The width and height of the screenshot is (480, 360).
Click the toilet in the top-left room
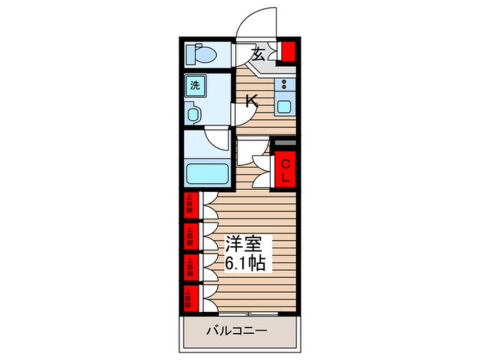[202, 55]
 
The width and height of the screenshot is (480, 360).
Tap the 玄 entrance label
[258, 55]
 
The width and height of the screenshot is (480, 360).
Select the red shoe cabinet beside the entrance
[289, 52]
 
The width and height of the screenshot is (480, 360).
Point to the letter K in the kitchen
[251, 102]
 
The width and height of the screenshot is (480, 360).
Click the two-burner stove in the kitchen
[283, 86]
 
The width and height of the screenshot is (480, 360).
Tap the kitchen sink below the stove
[283, 105]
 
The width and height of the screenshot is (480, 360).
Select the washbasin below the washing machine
[193, 113]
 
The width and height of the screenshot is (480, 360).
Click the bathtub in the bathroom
[207, 171]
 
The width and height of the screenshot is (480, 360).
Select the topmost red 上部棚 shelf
[190, 206]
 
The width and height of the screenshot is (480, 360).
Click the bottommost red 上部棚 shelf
[190, 298]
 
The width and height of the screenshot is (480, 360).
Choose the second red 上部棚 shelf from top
[190, 236]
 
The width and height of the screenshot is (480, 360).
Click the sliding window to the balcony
[248, 313]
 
